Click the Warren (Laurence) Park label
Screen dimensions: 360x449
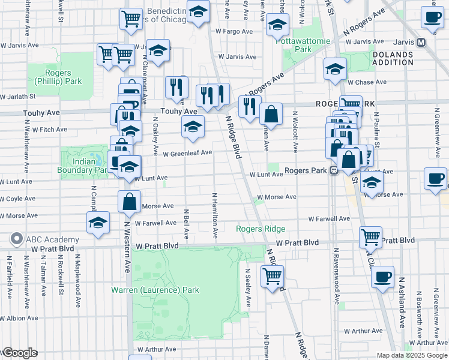coord(155,290)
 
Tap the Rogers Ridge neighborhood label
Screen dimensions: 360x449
coord(260,229)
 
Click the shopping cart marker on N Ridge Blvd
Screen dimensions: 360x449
coord(273,277)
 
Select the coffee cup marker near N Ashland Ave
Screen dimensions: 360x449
coord(382,277)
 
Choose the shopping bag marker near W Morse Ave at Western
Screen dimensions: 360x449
coord(129,202)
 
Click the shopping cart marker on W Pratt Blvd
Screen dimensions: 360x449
coord(370,237)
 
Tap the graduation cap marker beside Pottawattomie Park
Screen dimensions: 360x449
coord(277,25)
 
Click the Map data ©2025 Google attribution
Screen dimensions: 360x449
coord(412,355)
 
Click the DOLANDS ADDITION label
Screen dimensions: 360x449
coord(410,58)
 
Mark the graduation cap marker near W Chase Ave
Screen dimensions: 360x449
coord(335,68)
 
